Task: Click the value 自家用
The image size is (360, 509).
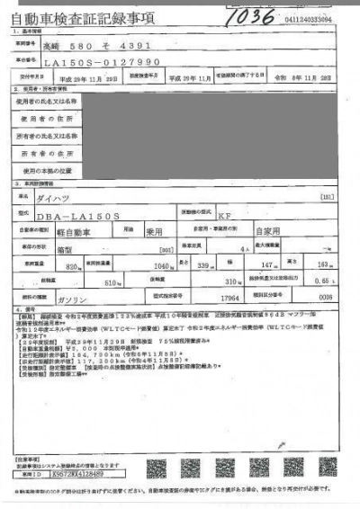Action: pos(247,231)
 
